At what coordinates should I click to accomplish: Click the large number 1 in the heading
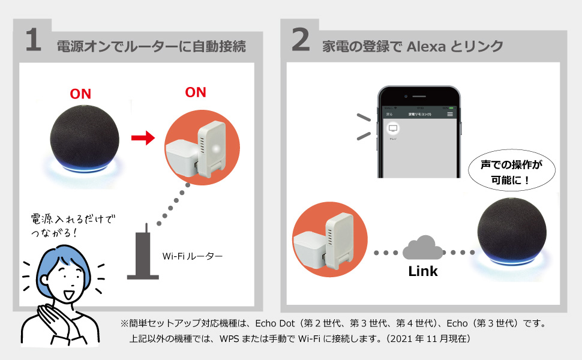pyautogui.click(x=34, y=40)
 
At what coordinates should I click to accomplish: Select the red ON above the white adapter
pyautogui.click(x=196, y=92)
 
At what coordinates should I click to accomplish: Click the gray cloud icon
pyautogui.click(x=419, y=248)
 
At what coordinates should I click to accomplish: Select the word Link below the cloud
pyautogui.click(x=423, y=271)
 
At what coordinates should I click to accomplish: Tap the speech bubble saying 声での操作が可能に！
pyautogui.click(x=512, y=171)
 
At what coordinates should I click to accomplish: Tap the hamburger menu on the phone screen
pyautogui.click(x=450, y=113)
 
